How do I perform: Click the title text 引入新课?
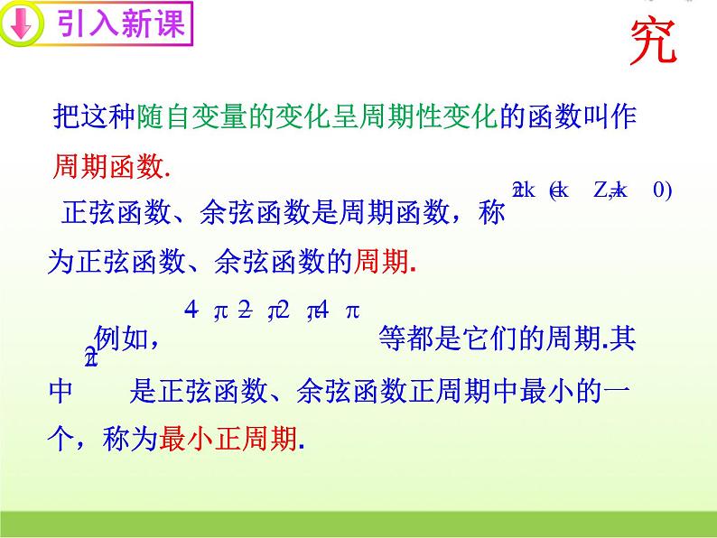click(x=121, y=25)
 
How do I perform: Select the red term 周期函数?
click(x=107, y=166)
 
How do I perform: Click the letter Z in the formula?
click(x=603, y=190)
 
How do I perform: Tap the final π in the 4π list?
click(x=353, y=311)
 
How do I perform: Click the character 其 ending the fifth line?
click(x=623, y=339)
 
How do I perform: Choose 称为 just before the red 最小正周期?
click(x=135, y=440)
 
